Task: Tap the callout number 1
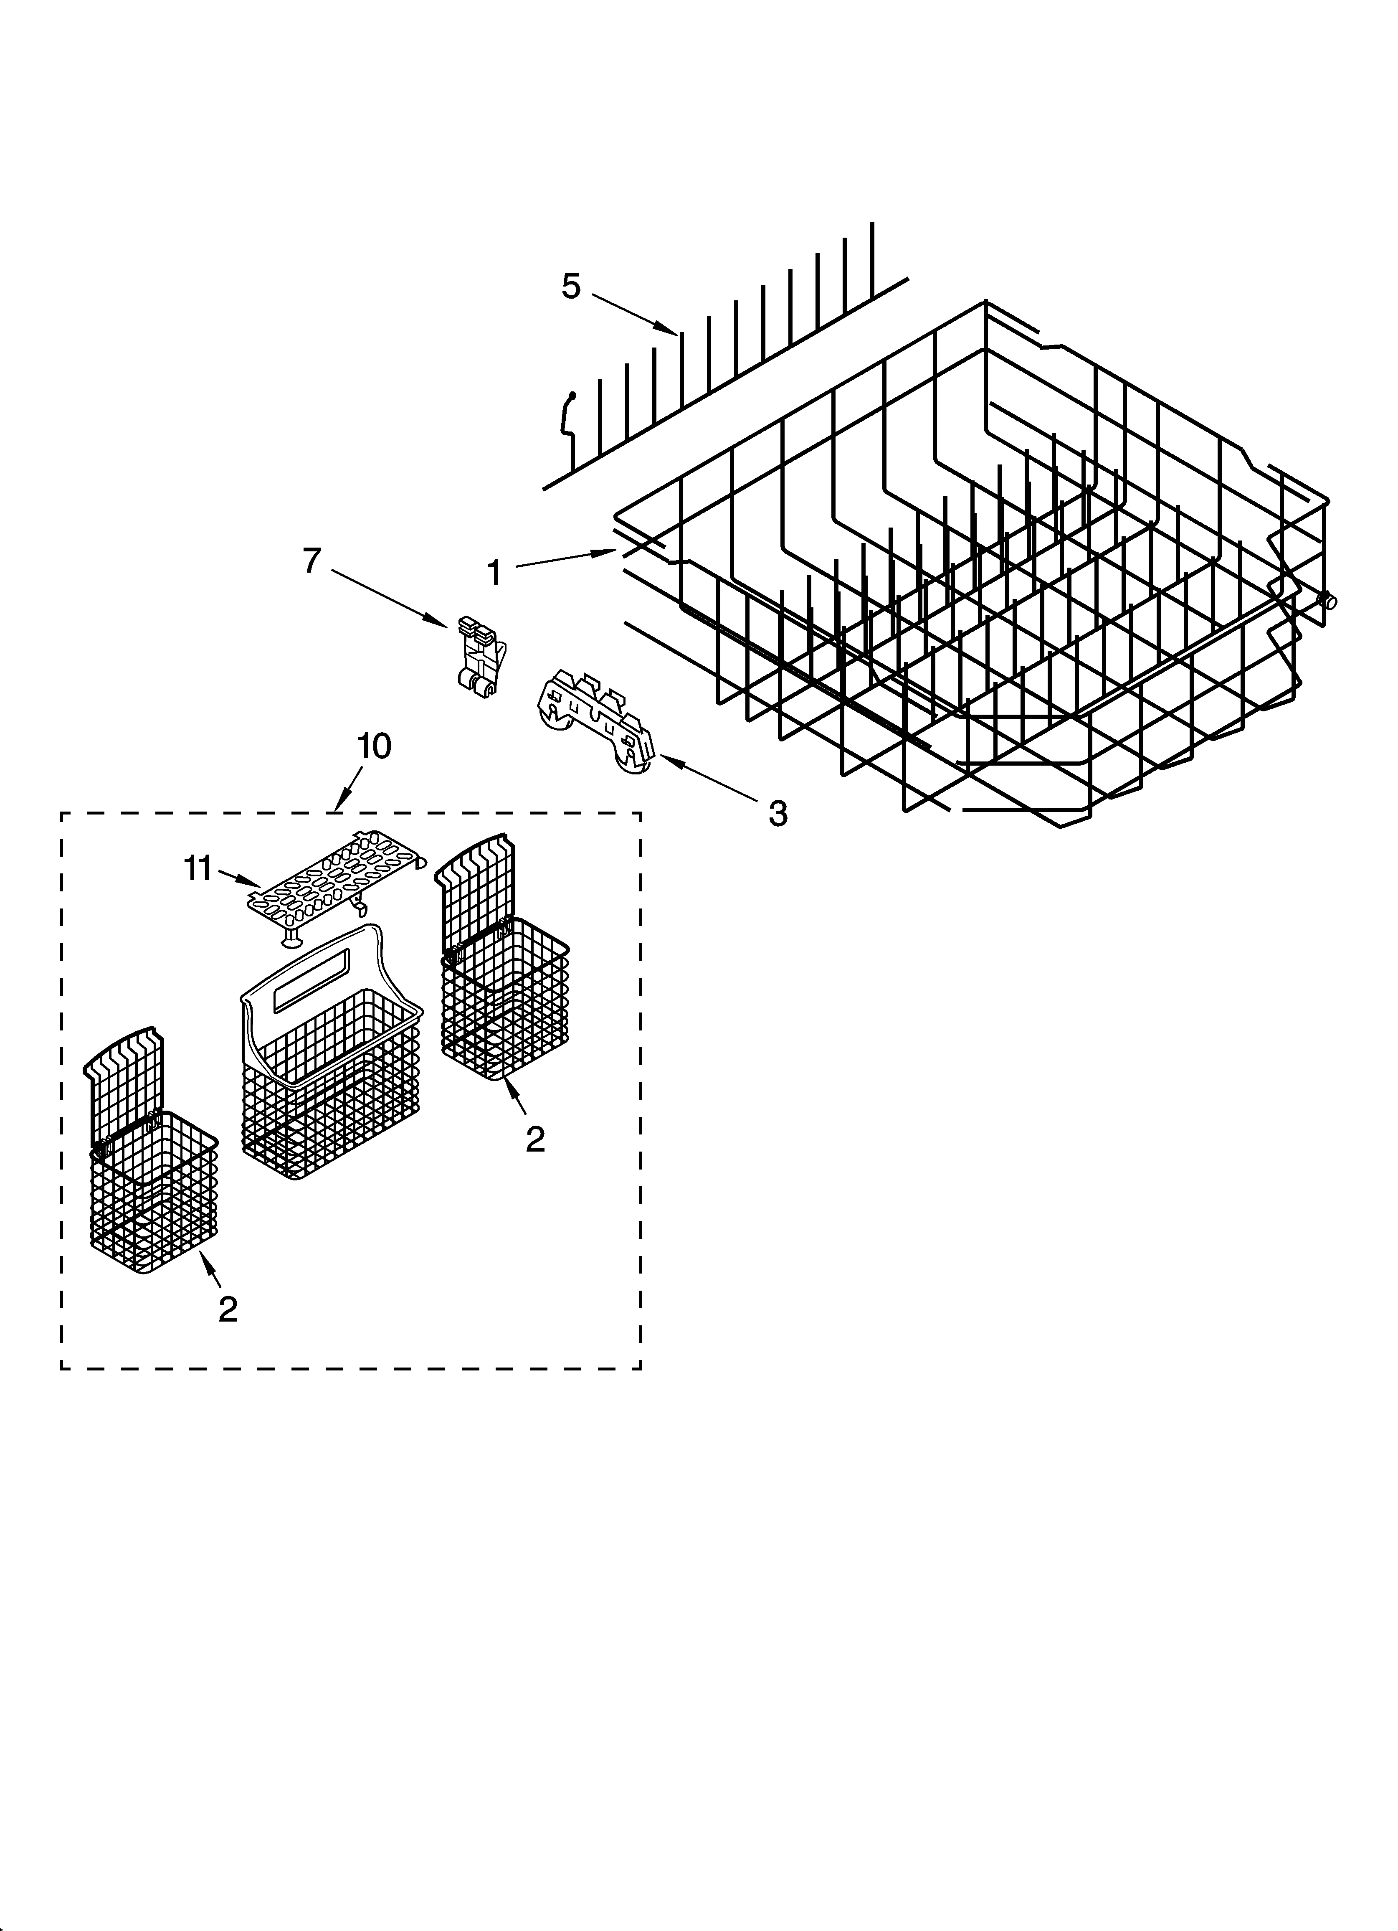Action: pos(494,573)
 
